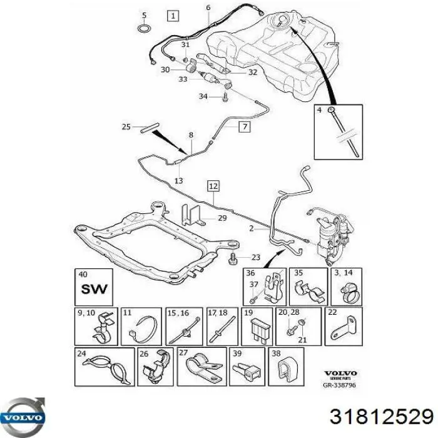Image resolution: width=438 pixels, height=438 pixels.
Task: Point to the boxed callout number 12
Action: [x=213, y=186]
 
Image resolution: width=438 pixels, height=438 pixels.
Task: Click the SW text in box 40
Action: [x=94, y=290]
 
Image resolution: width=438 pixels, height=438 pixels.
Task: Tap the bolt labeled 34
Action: [x=224, y=97]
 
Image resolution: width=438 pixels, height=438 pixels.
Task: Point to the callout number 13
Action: [x=179, y=181]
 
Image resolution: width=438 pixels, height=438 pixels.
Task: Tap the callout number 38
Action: [x=276, y=352]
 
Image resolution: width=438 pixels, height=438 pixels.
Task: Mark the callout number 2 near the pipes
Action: [x=252, y=229]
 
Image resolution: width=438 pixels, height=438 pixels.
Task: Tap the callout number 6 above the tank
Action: [x=208, y=7]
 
